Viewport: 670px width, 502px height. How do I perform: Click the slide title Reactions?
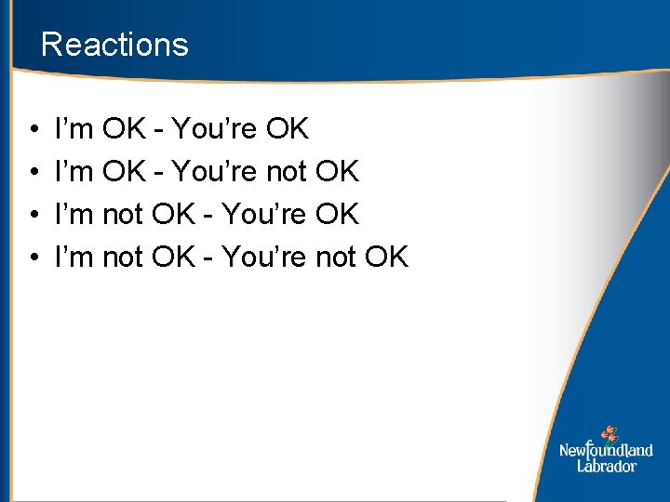point(114,45)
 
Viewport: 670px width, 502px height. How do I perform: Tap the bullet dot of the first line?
point(33,129)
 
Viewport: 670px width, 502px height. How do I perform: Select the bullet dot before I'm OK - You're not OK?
point(33,172)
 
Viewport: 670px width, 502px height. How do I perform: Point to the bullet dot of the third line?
point(33,215)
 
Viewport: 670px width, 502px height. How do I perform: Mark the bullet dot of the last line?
point(33,258)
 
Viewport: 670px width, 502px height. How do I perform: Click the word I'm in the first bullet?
point(74,128)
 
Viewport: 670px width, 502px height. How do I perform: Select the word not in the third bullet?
point(122,215)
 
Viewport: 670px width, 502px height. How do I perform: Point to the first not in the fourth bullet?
point(122,258)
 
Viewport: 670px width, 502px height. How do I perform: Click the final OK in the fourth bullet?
point(386,257)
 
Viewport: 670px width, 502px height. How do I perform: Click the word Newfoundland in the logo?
point(606,451)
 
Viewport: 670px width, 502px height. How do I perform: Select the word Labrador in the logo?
point(606,466)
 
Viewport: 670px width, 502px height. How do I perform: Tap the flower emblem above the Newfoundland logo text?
point(610,433)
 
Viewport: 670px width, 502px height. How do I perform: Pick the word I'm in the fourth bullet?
point(74,257)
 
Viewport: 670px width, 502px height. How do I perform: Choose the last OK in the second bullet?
point(337,171)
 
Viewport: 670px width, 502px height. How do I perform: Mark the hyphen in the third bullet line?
point(210,216)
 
